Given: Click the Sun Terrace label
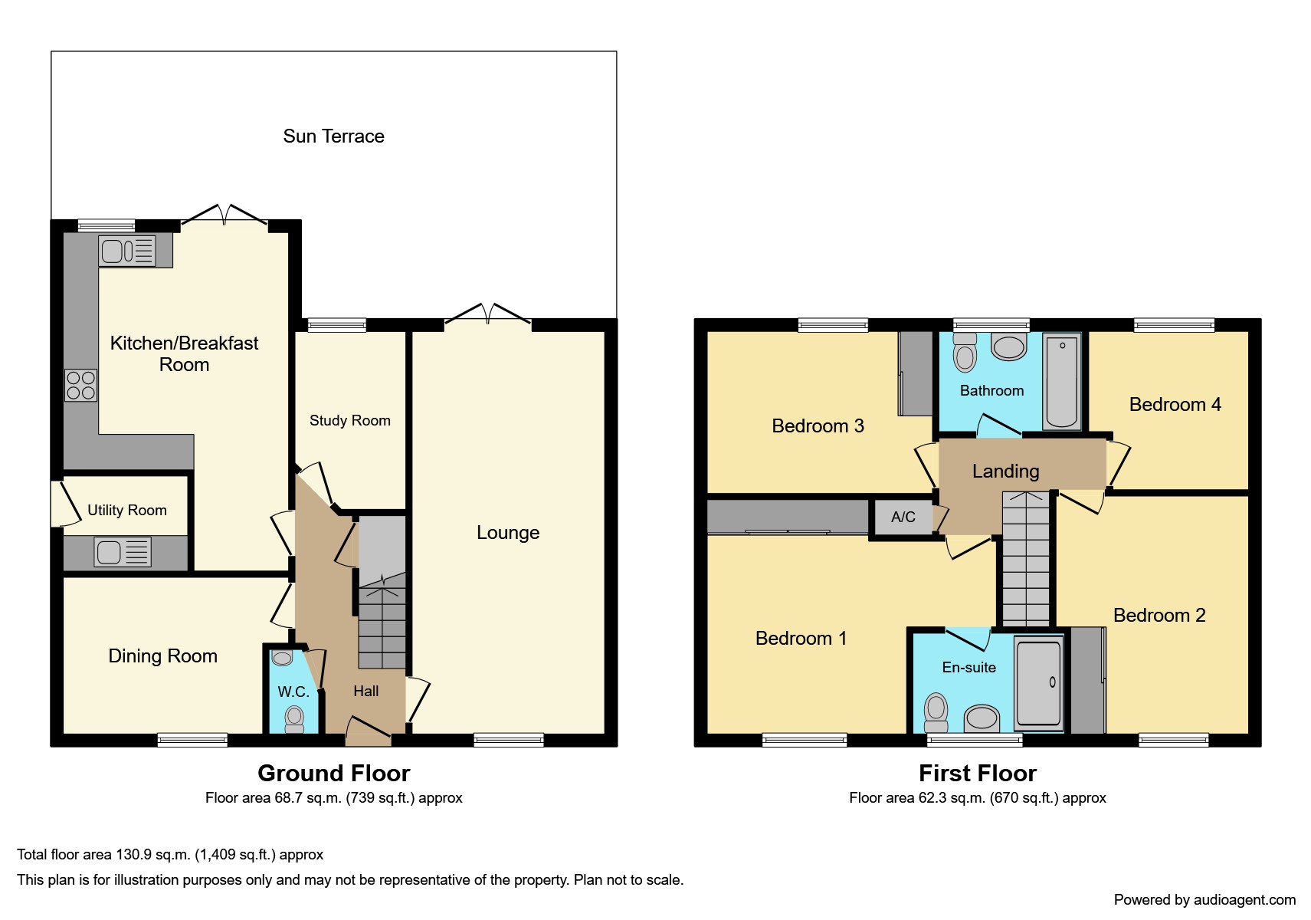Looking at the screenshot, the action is [x=333, y=136].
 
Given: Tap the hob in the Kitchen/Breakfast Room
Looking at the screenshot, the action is [x=80, y=386].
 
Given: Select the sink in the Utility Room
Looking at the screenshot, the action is [x=123, y=552].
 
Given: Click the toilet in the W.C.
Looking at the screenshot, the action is [x=294, y=718].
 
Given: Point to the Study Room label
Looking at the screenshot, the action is [x=350, y=420].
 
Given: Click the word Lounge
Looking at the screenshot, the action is [x=508, y=532].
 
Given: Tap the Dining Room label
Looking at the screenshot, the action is [x=162, y=656].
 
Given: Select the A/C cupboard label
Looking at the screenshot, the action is [x=903, y=517].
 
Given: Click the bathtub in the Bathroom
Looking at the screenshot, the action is [x=1062, y=380].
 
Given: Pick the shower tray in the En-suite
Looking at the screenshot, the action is [x=1039, y=683].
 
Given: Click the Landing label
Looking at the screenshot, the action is [x=1005, y=471].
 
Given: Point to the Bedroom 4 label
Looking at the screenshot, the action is [x=1175, y=404].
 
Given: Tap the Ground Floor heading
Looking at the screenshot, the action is [x=333, y=773].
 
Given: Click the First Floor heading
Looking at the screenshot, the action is [x=978, y=773].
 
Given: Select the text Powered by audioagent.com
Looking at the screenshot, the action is [x=1204, y=899].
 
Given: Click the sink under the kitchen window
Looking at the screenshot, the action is [x=127, y=251].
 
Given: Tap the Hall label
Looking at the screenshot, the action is [x=365, y=691].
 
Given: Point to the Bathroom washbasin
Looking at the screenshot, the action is [x=1009, y=346].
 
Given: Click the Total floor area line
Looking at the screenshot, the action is [x=170, y=854].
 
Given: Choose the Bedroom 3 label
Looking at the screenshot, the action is [x=818, y=426].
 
